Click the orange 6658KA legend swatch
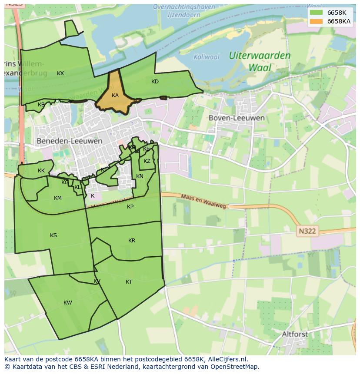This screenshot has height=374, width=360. coord(317,21)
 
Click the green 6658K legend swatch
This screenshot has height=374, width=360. coord(317,13)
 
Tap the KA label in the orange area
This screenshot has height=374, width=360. coord(115,96)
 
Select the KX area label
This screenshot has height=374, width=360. coord(60,73)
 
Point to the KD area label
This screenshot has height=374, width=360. coord(155,82)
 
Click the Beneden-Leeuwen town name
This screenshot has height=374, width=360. coord(70,141)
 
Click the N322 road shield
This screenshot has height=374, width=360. coord(307,232)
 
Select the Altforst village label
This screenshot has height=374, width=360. coord(295,334)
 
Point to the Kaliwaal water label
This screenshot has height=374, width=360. coord(207,57)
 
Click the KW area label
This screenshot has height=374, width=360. coord(68,303)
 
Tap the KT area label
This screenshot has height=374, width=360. coord(129,282)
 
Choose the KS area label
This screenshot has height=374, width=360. coord(53,235)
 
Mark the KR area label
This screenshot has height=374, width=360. coord(132,241)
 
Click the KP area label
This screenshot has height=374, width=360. coord(130,207)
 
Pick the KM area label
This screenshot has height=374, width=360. coord(58,198)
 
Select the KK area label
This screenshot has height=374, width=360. coord(41,171)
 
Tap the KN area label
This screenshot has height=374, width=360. coord(140,176)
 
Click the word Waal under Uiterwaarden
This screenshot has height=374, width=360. coord(260,68)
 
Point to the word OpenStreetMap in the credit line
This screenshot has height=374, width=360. coord(235,367)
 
